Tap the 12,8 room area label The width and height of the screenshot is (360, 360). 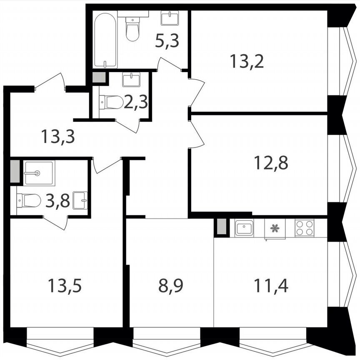click(x=271, y=161)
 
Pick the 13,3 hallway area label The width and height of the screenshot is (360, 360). click(x=58, y=136)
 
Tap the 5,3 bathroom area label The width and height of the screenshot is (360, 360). click(x=167, y=41)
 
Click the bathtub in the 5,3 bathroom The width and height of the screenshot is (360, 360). click(x=105, y=40)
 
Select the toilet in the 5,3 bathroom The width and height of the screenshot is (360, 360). click(x=132, y=28)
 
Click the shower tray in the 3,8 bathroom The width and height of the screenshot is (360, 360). click(x=39, y=172)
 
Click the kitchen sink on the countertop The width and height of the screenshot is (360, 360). click(x=244, y=228)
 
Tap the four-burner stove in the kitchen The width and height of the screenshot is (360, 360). click(x=304, y=227)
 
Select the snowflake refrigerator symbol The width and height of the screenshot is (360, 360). click(x=275, y=228)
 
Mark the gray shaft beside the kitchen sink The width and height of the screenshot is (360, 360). click(x=221, y=227)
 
